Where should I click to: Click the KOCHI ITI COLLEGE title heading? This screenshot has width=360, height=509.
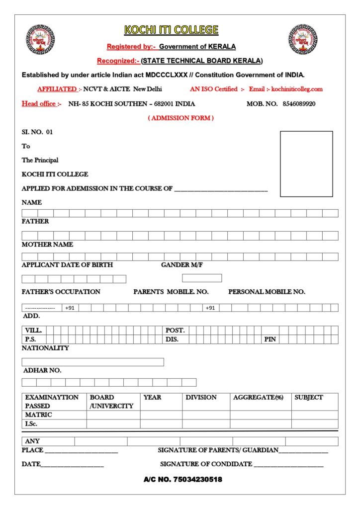171,30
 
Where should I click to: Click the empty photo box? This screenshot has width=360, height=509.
306,164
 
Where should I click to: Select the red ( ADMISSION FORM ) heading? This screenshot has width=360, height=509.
181,118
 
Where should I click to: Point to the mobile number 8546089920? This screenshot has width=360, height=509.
299,104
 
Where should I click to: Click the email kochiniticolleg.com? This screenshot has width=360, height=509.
297,89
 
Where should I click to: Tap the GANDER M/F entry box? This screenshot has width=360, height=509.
202,278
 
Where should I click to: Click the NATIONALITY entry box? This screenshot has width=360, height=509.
92,362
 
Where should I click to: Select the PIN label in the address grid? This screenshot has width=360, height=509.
270,339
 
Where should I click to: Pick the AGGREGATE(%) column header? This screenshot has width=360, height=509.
258,398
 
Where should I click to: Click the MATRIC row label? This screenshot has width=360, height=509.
39,415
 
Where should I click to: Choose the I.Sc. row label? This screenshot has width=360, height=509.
31,424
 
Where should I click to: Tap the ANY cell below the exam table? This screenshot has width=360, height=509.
33,441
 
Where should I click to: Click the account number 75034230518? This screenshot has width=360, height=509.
182,480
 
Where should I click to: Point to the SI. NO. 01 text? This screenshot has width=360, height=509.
37,132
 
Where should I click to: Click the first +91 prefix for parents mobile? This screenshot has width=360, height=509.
70,308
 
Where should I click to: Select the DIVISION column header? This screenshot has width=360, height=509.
201,398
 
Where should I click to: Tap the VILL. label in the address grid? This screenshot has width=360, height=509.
33,330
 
